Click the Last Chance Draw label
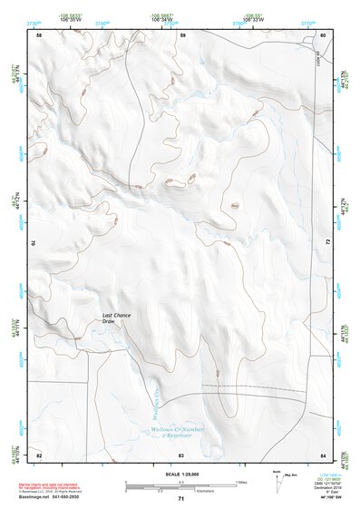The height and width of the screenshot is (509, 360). [116, 318]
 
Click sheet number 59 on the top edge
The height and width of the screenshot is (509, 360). [181, 35]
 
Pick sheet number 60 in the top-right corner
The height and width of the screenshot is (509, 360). [323, 35]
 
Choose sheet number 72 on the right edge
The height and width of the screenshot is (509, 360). [326, 243]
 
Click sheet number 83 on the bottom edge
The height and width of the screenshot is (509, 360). [181, 453]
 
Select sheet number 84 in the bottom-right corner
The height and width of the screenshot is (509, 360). [323, 453]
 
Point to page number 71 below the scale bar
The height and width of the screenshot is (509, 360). [181, 499]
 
